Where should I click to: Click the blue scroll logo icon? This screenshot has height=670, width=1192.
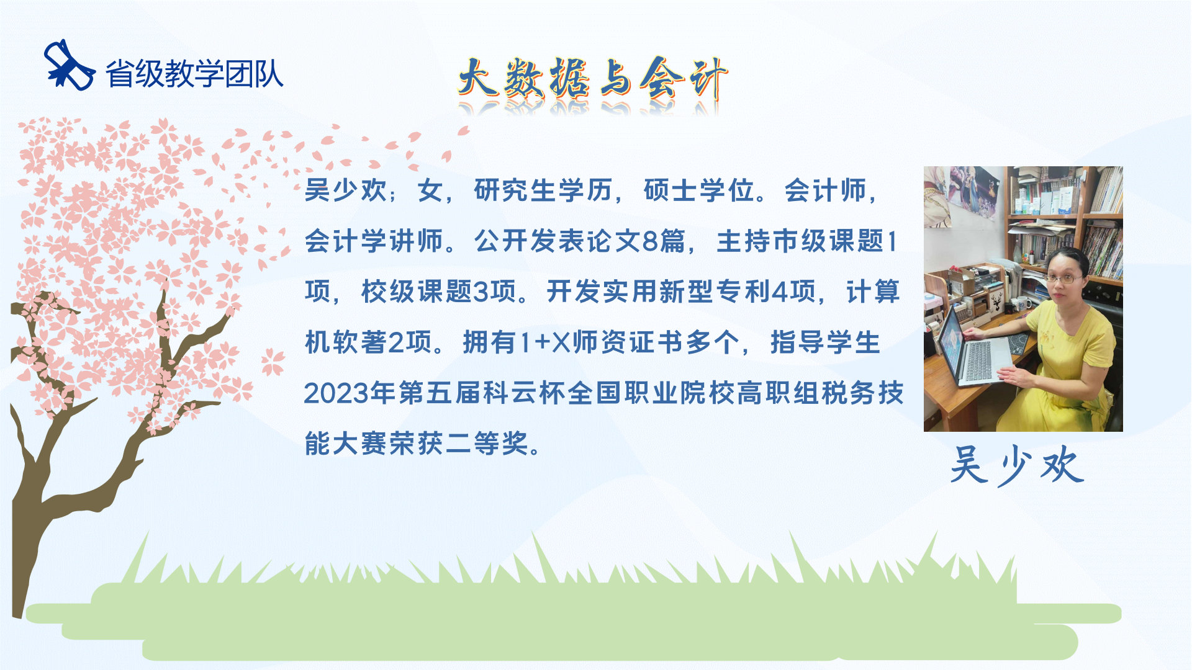click(69, 65)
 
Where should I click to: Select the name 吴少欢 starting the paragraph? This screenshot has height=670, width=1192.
click(346, 190)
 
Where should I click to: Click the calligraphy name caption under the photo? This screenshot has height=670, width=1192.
click(1017, 465)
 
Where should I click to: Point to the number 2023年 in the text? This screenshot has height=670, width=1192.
click(350, 393)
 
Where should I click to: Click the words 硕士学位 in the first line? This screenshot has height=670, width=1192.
click(699, 190)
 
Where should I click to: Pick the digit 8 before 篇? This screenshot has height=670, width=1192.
click(650, 241)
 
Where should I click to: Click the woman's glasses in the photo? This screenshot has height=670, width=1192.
click(1063, 279)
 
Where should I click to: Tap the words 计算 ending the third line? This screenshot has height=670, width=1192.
click(873, 292)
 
